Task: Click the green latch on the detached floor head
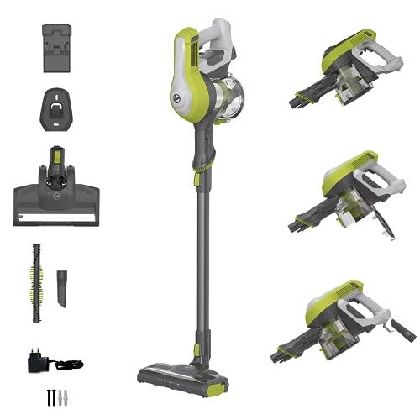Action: (57, 156)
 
